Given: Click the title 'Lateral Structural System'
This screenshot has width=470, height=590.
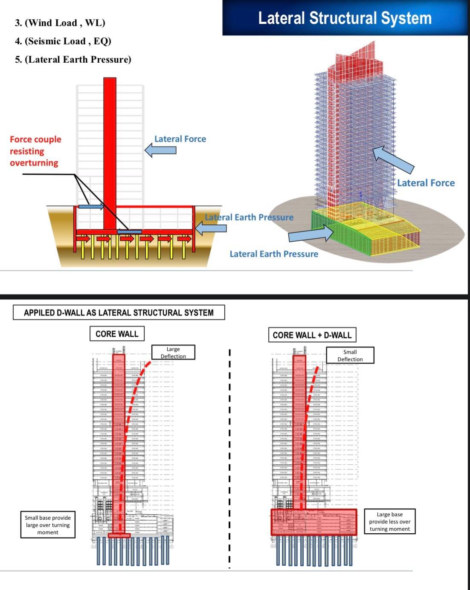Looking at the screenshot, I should pos(345,18).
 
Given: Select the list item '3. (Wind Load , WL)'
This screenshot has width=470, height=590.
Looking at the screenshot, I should pos(60,23).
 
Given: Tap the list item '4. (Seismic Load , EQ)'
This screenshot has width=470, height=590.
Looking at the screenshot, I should pos(63,41).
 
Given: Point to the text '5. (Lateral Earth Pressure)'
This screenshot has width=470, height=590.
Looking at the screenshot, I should pos(73,60).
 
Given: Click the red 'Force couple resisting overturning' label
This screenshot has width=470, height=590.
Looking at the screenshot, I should pos(35,151).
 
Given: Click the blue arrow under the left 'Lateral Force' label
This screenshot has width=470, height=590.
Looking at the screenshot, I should pos(160,150).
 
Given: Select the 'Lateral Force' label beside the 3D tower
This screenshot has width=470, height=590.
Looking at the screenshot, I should pos(426,183).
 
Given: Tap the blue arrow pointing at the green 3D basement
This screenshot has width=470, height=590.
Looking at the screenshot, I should pos(310,234).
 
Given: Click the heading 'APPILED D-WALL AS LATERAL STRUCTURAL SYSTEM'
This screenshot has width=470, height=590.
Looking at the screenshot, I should pos(119,312).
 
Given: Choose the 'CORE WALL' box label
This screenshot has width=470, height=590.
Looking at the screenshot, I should pos(117,334).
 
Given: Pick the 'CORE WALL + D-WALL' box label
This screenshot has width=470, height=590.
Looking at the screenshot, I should pos(312,335).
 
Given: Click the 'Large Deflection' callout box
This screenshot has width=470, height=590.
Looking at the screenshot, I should pos(173,353).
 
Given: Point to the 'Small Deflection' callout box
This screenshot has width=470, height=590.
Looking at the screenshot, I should pos(350,355).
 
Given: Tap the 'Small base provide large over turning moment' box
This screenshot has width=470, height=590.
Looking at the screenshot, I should pos(48,525).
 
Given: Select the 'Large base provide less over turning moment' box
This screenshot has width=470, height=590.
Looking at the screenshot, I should pos(389,521).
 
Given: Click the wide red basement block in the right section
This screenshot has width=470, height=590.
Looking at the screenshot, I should pos(314,522).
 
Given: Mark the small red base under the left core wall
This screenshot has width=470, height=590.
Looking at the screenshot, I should pos(119,535).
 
